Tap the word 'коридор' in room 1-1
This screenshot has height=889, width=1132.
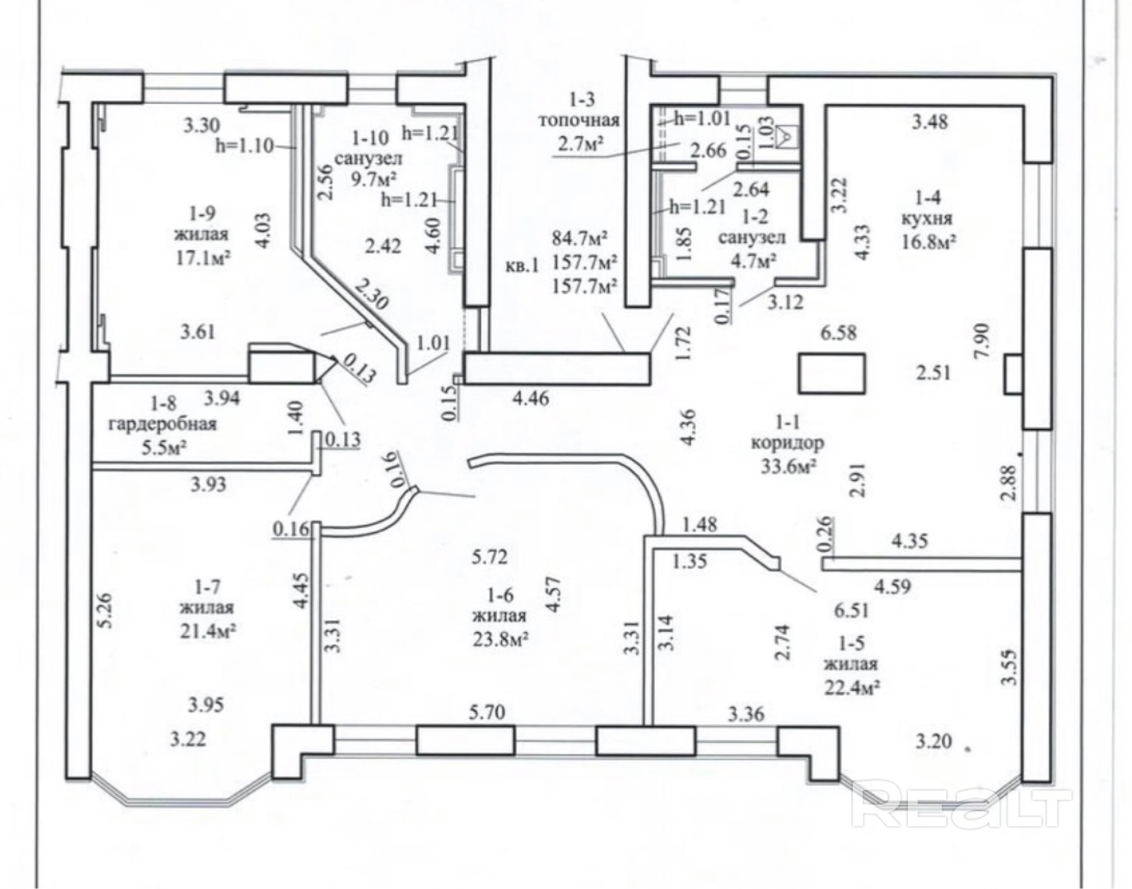point(787,444)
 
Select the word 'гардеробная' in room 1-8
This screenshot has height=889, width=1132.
point(163,424)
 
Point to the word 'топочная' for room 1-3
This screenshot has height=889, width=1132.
point(578,121)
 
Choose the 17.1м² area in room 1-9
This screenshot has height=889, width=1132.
point(203,257)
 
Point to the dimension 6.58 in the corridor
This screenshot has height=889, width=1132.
point(839,333)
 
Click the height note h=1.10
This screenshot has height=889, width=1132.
point(245,146)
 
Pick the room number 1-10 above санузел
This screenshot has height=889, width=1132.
point(371,138)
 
